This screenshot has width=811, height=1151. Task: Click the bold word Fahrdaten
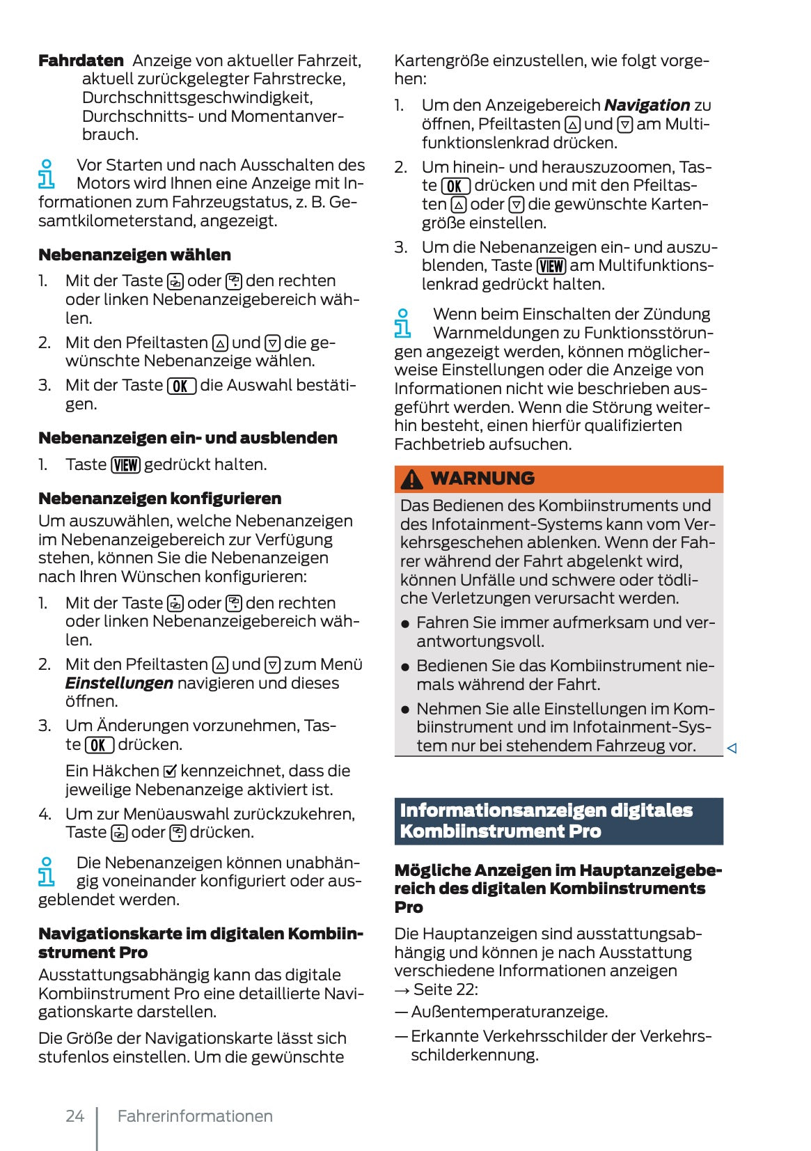click(x=81, y=61)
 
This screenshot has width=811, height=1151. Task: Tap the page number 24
click(x=74, y=1115)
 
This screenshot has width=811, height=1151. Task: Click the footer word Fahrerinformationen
click(x=195, y=1115)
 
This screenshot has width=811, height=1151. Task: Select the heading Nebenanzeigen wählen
click(x=134, y=255)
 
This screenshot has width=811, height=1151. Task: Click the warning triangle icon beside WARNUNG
click(x=411, y=479)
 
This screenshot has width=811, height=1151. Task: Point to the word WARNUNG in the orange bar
click(x=482, y=478)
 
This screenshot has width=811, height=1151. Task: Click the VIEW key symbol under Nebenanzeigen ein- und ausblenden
click(x=126, y=465)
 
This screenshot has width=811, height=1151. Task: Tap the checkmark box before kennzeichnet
click(x=170, y=772)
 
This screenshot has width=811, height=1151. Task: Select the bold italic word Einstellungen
click(x=119, y=683)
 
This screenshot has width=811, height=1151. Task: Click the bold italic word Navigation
click(x=647, y=105)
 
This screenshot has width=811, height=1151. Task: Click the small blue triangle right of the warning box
click(x=732, y=749)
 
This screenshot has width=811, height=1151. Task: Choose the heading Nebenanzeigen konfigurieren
click(x=160, y=499)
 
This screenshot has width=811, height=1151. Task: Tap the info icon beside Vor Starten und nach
click(x=46, y=174)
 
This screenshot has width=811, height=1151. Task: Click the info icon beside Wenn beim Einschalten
click(x=402, y=323)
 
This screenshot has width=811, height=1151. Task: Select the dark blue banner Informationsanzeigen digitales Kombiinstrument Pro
click(x=558, y=821)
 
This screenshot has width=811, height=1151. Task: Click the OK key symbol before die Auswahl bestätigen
click(x=181, y=386)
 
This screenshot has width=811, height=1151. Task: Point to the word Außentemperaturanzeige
click(x=509, y=1012)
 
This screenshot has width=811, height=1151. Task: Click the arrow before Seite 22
click(x=402, y=989)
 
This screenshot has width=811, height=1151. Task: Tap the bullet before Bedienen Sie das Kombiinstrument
click(x=405, y=667)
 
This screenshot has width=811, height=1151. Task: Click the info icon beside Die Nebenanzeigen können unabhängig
click(x=46, y=872)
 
